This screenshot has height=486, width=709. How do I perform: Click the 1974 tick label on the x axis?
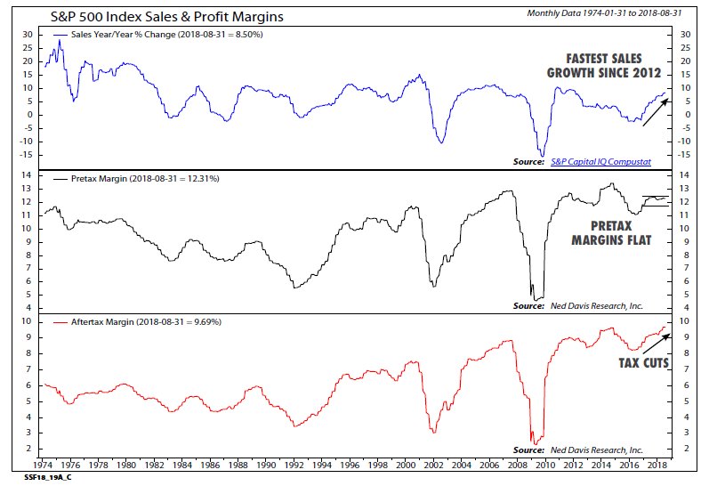point(43,466)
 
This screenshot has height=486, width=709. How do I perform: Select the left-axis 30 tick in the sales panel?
point(28,34)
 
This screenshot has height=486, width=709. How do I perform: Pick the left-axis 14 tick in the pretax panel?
point(28,176)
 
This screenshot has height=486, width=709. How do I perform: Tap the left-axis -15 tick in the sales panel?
point(26,155)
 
